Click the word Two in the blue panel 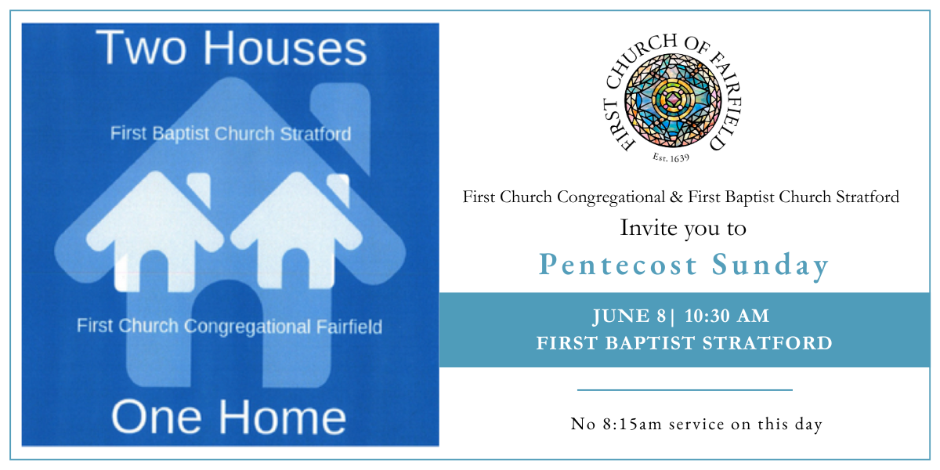tap(140, 48)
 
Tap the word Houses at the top tap(285, 48)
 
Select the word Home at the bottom tap(282, 417)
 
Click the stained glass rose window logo tap(673, 100)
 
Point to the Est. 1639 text tap(671, 157)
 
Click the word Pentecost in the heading tap(618, 265)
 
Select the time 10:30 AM tap(727, 316)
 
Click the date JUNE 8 tap(629, 316)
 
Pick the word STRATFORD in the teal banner tap(768, 343)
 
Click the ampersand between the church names tap(676, 197)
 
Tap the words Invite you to tap(683, 228)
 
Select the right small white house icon tap(296, 231)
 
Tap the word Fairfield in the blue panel tap(349, 327)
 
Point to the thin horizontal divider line tap(685, 390)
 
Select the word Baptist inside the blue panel tap(180, 134)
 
